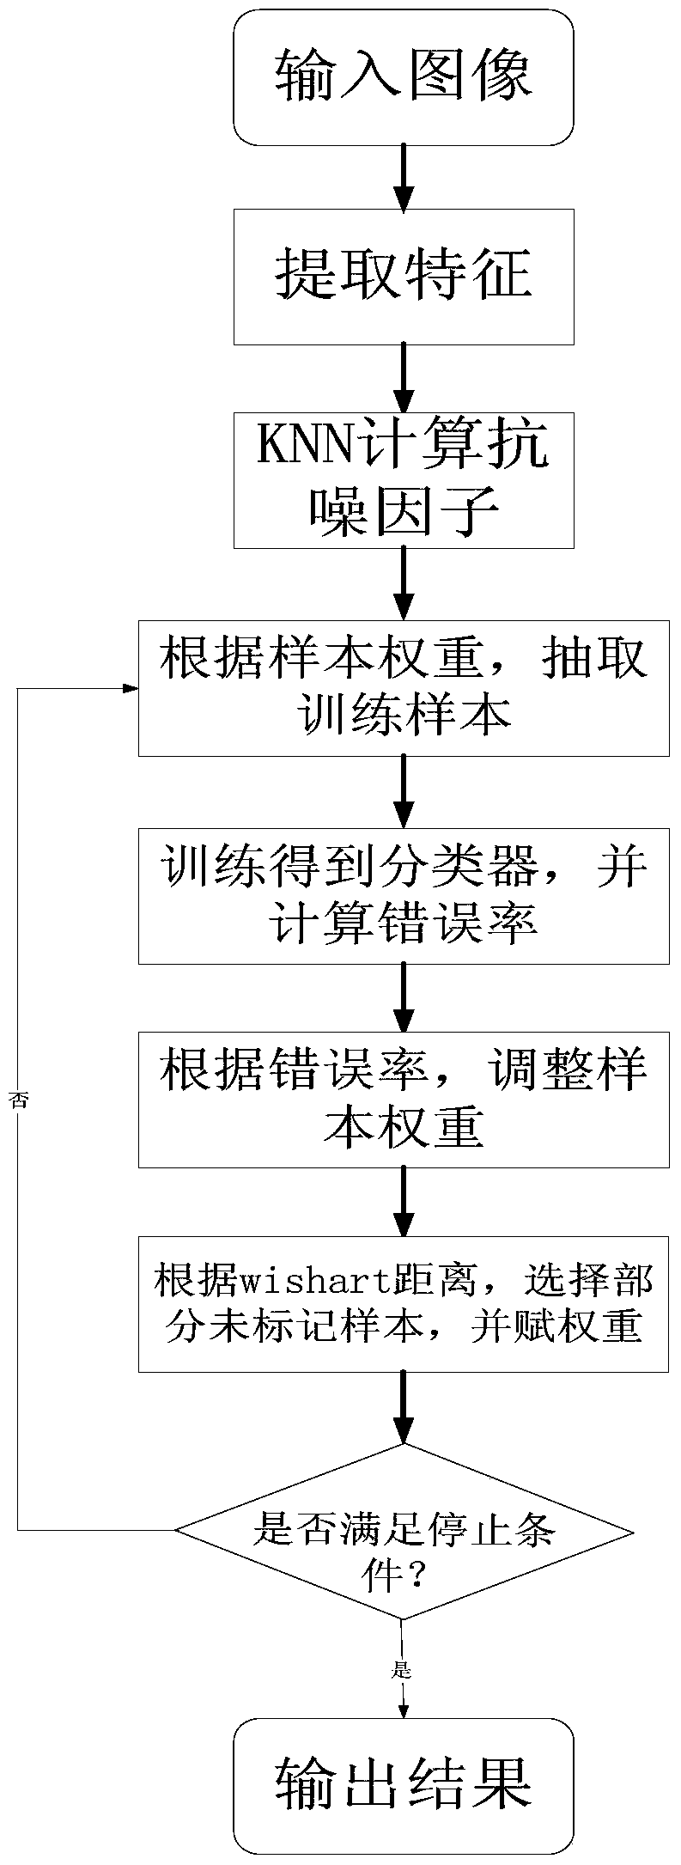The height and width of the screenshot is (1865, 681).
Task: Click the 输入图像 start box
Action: [x=404, y=77]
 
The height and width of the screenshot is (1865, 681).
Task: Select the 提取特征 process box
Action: [x=404, y=277]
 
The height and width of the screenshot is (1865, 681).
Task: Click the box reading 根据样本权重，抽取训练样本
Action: [x=404, y=688]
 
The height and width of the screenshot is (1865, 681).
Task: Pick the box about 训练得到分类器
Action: [x=404, y=894]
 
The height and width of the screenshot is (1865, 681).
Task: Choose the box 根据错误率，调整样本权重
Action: [x=404, y=1099]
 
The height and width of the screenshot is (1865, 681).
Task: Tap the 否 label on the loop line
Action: [x=19, y=1100]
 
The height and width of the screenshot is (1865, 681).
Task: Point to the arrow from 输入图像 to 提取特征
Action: [x=404, y=176]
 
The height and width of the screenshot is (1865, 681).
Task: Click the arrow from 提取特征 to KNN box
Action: [x=404, y=378]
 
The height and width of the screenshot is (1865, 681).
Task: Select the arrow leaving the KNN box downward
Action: [x=404, y=583]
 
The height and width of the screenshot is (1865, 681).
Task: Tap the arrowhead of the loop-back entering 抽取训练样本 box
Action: [x=131, y=688]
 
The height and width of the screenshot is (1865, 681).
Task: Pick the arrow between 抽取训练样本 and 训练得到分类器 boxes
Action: [x=404, y=791]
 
